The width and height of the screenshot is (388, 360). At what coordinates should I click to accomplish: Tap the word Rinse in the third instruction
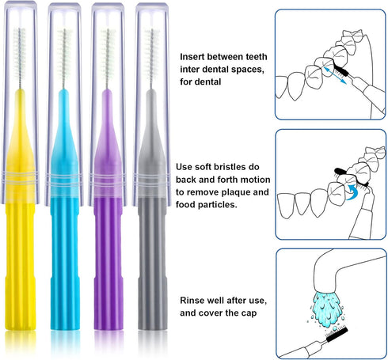tap(194, 301)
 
